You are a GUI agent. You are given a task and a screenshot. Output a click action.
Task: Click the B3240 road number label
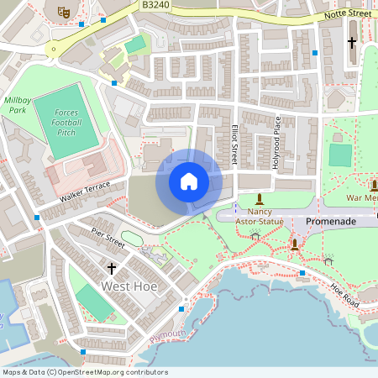coord(155,5)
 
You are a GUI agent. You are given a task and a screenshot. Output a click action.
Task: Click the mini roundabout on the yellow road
coord(54,49)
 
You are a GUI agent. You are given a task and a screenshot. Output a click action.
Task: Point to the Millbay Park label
coord(18,104)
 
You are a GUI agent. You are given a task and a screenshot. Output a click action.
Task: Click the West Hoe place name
coord(130,286)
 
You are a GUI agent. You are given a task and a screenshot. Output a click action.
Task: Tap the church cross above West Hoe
coord(111,269)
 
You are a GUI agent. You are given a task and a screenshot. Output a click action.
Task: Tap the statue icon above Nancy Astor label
coord(260,200)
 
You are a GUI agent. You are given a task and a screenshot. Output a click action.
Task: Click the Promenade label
coord(331,221)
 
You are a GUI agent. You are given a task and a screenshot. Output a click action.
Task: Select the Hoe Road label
coord(344,293)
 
